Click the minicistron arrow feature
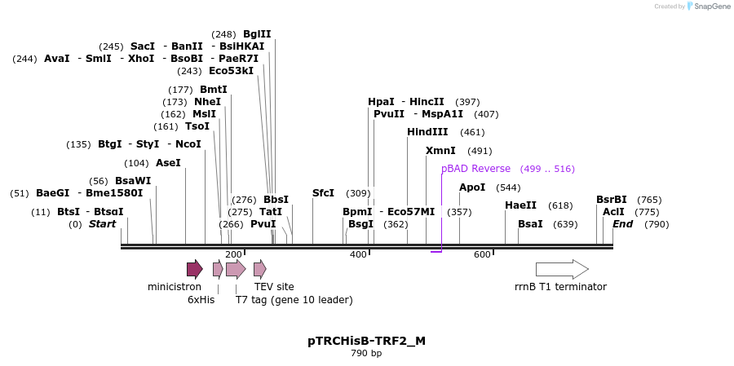coord(194,269)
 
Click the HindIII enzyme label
coord(427,132)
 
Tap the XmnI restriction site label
coord(440,151)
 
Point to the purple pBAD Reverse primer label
coord(475,169)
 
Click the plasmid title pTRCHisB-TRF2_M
coord(366,341)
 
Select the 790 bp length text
coord(366,354)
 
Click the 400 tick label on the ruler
coord(358,254)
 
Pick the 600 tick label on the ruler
coord(482,254)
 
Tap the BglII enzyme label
coord(257,34)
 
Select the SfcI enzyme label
coord(323,193)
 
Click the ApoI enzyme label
coord(472,187)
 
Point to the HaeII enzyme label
coord(521,205)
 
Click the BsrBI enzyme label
coord(612,200)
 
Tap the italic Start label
coord(103,224)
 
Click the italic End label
coord(623,224)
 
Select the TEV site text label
coord(274,287)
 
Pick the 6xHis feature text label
coord(201,300)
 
